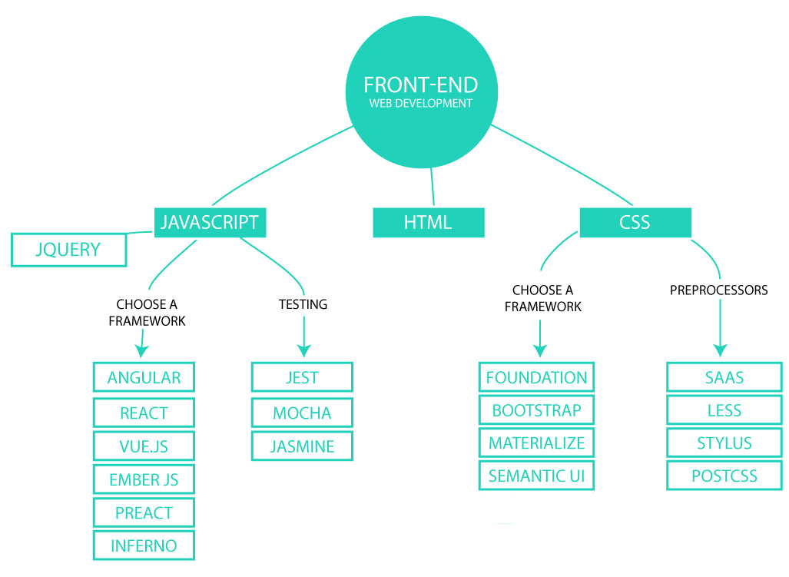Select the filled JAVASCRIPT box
point(209,222)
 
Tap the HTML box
point(428,223)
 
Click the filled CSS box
point(635,222)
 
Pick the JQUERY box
point(68,250)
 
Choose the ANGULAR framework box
point(144,377)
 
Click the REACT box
point(144,413)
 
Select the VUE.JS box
point(144,446)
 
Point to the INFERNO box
point(144,545)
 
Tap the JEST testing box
point(301,377)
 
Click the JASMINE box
point(301,446)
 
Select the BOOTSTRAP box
point(536,410)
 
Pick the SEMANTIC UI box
point(536,476)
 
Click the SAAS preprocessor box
point(724,377)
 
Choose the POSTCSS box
point(724,476)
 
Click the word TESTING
point(303,304)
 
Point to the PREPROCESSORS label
point(718,290)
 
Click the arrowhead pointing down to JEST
point(303,350)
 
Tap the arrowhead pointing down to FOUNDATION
point(539,350)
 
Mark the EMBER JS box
point(144,479)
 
